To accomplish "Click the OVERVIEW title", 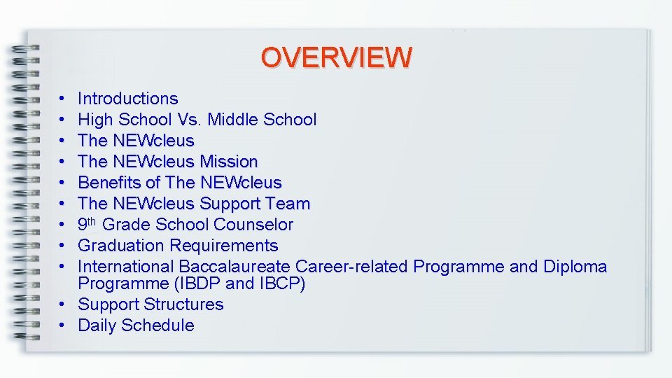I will (336, 57).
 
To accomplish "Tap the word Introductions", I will (128, 99).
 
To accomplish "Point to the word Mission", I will (229, 162).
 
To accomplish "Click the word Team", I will (290, 204).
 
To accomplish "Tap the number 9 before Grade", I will (83, 225).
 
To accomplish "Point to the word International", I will (126, 267).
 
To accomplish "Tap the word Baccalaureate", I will (235, 267).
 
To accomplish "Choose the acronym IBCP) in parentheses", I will (283, 283).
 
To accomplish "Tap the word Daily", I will (97, 325).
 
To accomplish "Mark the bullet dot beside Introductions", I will (63, 99).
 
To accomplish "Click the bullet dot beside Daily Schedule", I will (63, 325).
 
